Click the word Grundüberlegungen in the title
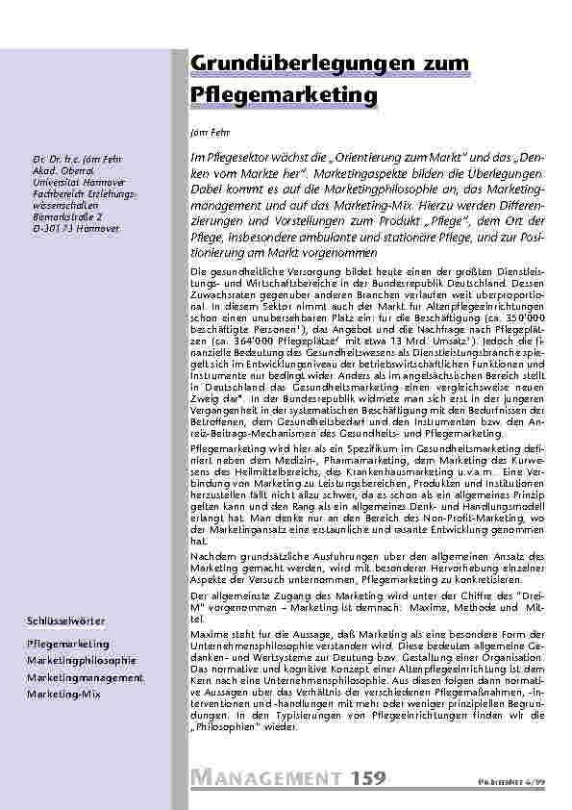tap(287, 63)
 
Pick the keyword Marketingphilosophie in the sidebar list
tap(82, 660)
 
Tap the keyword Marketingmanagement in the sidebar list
tap(86, 677)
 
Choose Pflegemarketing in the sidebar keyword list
tap(67, 643)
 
